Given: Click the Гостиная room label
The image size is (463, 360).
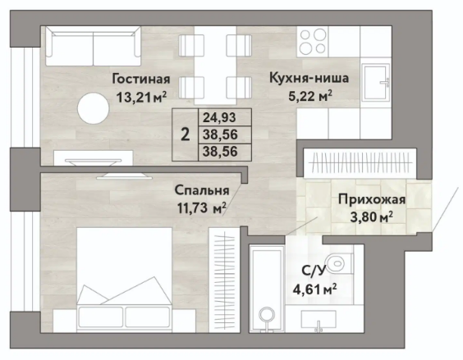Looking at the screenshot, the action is [x=141, y=80].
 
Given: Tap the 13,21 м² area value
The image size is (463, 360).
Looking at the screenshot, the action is [x=141, y=97].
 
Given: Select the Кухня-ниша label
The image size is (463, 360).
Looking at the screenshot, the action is [x=309, y=79].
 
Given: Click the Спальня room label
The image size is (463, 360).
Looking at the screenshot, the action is [x=202, y=190].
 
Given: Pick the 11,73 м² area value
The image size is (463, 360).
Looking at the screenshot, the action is [x=202, y=208].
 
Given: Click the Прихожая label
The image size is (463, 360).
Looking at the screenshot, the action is [x=371, y=200].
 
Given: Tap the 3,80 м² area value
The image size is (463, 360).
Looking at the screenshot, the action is [x=371, y=217].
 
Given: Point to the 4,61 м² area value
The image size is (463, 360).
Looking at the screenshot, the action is [x=314, y=289].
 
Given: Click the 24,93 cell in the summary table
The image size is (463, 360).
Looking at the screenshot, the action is [x=219, y=117].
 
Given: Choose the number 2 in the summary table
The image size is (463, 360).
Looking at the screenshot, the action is [x=186, y=134].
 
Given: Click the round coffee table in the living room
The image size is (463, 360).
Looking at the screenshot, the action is [x=93, y=108].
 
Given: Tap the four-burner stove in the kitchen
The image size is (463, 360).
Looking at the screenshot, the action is [x=313, y=41].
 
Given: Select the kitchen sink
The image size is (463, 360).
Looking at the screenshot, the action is [x=376, y=83].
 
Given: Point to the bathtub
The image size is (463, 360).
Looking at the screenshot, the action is [x=267, y=289].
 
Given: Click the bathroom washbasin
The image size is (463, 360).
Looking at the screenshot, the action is [x=319, y=319].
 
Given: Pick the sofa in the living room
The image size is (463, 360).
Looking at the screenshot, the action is [x=93, y=46].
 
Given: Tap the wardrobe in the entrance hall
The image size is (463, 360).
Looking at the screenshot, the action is [x=360, y=163].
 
